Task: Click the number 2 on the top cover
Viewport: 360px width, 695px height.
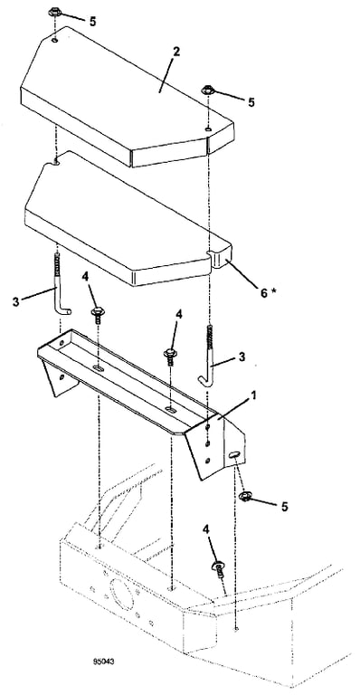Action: coord(176,52)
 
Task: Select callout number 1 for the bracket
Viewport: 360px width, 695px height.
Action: coord(253,394)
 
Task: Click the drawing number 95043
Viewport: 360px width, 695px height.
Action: coord(104,662)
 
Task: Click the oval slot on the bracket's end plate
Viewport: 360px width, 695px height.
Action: coord(235,454)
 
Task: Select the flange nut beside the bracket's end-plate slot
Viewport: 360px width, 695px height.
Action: coord(244,496)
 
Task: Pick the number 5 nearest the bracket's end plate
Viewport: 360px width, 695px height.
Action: coord(284,506)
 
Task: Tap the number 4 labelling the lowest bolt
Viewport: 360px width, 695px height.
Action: coord(206,528)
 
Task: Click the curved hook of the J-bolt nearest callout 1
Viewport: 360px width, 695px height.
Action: coord(204,379)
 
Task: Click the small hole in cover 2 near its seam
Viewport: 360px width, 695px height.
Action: coord(207,129)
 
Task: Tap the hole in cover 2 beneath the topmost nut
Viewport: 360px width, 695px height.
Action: coord(55,41)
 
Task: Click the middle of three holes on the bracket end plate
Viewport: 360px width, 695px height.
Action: coord(208,443)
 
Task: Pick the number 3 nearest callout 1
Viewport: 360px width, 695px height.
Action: coord(242,357)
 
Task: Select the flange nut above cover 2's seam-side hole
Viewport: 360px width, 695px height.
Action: coord(208,90)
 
